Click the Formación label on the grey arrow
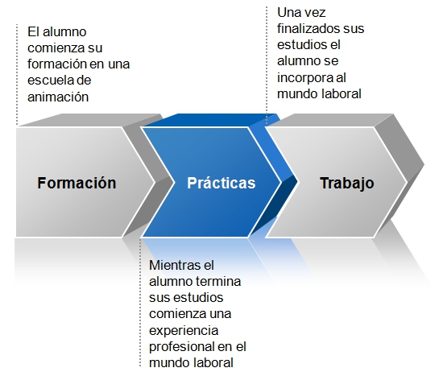point(77,183)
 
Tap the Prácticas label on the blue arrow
point(222,183)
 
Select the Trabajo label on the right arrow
point(347,184)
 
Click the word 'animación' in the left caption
point(58,97)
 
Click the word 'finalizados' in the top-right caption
point(307,28)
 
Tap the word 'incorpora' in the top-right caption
point(302,78)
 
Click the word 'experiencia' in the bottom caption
point(184,331)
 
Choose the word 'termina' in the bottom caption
point(217,281)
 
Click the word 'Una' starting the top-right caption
point(288,13)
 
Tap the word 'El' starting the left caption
point(32,32)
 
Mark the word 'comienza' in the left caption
point(55,48)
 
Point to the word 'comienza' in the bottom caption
point(177,314)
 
